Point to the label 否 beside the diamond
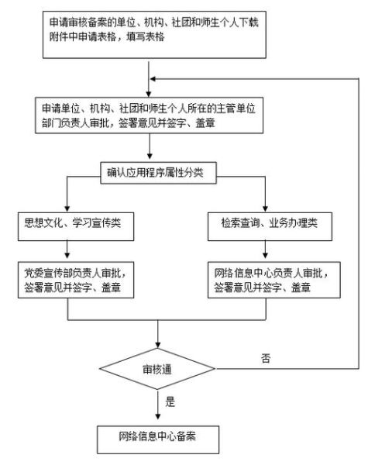coord(267,359)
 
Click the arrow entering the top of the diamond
coord(158,335)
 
